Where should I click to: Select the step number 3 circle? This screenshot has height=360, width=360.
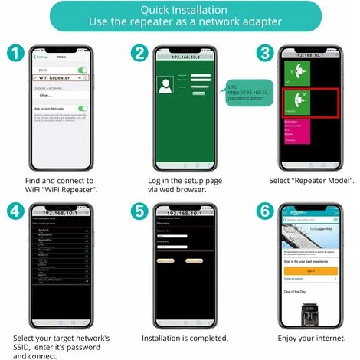click(266, 54)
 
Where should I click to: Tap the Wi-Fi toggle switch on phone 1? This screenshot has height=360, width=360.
click(82, 70)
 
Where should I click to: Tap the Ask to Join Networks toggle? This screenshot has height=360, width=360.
click(82, 109)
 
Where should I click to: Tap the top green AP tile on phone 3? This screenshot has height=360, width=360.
click(295, 73)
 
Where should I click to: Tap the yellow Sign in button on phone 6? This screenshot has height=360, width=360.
click(310, 270)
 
